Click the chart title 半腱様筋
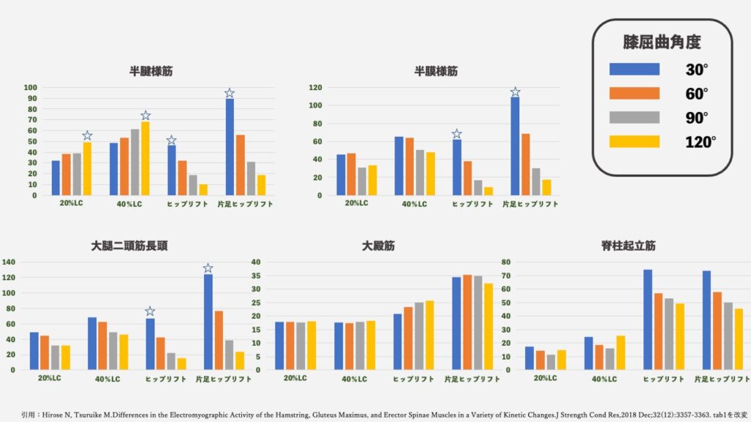tap(152, 72)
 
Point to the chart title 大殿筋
tap(378, 246)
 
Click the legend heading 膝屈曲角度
tap(661, 42)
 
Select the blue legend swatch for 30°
tap(634, 70)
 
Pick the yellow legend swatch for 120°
tap(634, 141)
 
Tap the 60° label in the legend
tap(697, 94)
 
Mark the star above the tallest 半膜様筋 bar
tap(515, 92)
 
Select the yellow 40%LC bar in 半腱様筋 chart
tap(145, 158)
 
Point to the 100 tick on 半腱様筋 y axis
tap(31, 88)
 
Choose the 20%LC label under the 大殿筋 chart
tap(295, 379)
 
